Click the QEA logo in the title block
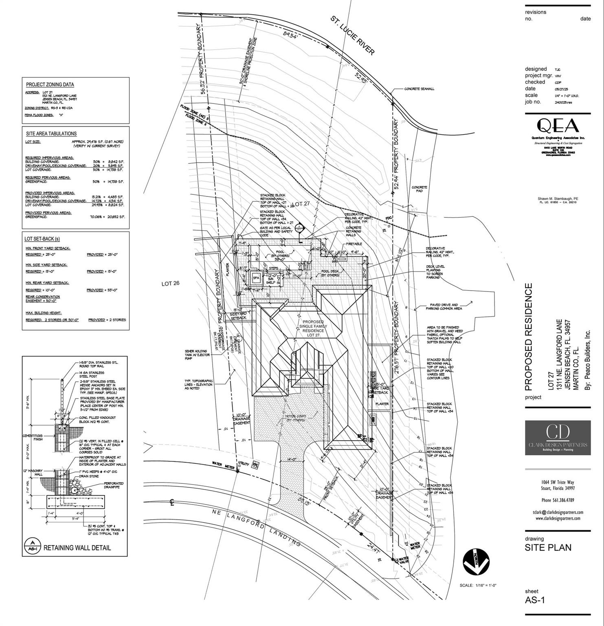(x=558, y=126)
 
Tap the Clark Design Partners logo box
(x=558, y=438)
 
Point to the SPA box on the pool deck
(x=256, y=278)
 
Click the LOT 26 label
(x=170, y=284)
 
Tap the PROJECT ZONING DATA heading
(x=50, y=85)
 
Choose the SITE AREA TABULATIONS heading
(x=51, y=134)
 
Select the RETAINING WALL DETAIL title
(x=77, y=548)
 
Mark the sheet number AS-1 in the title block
(x=535, y=600)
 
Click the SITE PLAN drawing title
(x=548, y=547)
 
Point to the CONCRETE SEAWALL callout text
(x=419, y=89)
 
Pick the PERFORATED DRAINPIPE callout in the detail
(x=114, y=485)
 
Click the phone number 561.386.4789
(x=558, y=500)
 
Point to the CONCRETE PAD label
(x=419, y=189)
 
